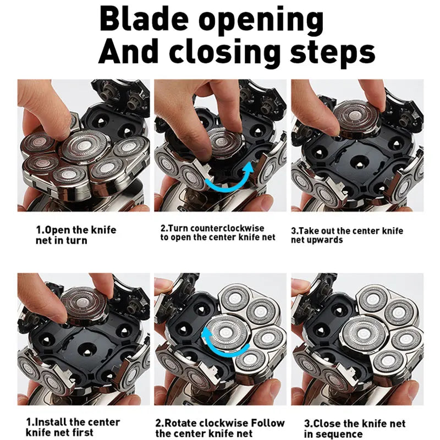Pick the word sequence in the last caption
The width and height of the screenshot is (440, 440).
(339, 434)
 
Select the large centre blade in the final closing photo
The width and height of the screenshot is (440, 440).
(364, 335)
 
